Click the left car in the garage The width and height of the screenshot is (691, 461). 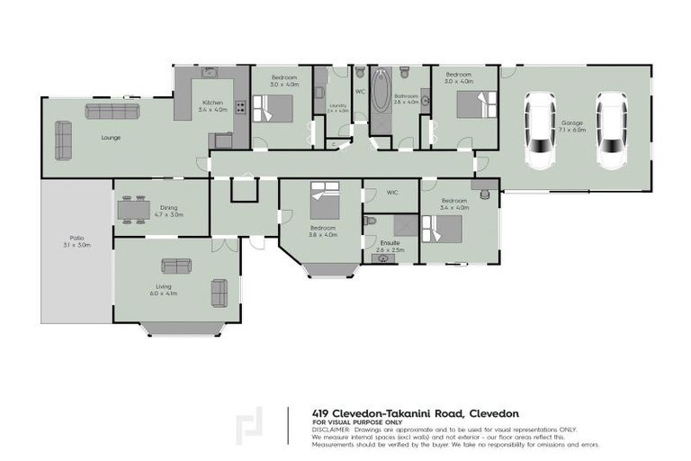542,131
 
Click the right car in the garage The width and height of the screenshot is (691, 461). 611,131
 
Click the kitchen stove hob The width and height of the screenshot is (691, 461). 240,108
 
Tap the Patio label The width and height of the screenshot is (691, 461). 76,242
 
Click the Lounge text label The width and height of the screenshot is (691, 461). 112,138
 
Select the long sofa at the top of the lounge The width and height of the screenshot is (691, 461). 112,111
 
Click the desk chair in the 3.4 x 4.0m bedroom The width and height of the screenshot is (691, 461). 487,193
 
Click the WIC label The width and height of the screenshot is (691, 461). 392,193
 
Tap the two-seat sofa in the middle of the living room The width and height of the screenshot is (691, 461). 175,266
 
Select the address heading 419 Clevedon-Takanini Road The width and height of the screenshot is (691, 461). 389,412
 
